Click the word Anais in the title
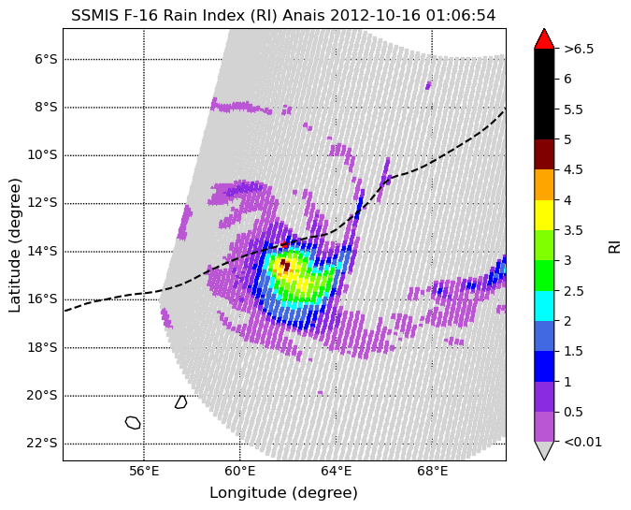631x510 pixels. coord(304,15)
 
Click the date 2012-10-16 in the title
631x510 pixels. coord(375,15)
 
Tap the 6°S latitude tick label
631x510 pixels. coord(46,59)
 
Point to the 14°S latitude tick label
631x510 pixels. coord(42,252)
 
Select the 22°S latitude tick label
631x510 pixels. coord(42,444)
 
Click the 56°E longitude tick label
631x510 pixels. coord(144,471)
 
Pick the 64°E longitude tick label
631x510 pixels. coord(337,471)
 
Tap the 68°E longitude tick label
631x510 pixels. coord(432,471)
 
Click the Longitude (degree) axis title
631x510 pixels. coord(283,492)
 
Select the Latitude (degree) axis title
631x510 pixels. coord(14,245)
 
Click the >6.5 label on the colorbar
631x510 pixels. coord(579,49)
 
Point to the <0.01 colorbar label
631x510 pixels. coord(583,442)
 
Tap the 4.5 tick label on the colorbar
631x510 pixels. coord(573,169)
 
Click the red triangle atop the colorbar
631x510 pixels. coord(544,39)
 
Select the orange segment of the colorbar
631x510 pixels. coord(544,185)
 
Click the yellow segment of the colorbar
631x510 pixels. coord(544,215)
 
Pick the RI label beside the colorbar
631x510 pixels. coord(614,246)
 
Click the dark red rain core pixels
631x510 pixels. coord(285,266)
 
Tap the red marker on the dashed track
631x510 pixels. coord(284,244)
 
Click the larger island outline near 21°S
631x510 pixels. coord(133,423)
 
